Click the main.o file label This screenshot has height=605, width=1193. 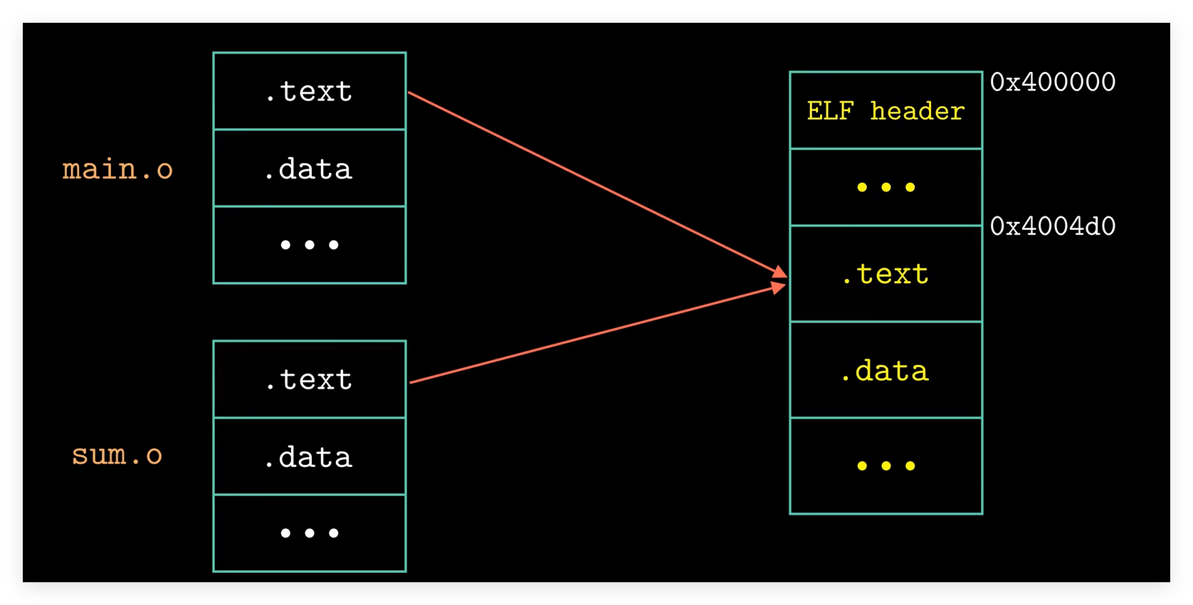click(x=117, y=169)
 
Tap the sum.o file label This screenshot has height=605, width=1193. click(x=117, y=455)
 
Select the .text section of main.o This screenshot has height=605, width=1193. click(x=310, y=91)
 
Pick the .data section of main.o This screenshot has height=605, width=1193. click(x=310, y=168)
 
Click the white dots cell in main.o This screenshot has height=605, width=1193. click(x=310, y=245)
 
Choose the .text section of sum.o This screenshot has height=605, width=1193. click(x=310, y=379)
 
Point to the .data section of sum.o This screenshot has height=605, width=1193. click(x=310, y=456)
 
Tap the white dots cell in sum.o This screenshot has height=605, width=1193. click(x=310, y=533)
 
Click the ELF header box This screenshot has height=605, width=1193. click(x=886, y=110)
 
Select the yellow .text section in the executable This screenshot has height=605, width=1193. click(x=886, y=274)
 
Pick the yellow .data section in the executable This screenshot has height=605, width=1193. click(x=886, y=369)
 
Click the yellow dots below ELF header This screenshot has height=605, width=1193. click(x=886, y=187)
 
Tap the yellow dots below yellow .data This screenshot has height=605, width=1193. click(x=886, y=466)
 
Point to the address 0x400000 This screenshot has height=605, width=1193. click(x=1052, y=82)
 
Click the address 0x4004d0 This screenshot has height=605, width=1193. click(x=1052, y=226)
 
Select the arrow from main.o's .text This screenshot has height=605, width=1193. click(x=597, y=185)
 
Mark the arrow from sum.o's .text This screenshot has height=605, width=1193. click(x=598, y=334)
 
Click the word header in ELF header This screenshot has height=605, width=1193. click(x=917, y=111)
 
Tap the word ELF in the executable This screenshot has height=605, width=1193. click(x=830, y=111)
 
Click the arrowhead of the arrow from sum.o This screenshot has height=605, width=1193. click(x=779, y=288)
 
